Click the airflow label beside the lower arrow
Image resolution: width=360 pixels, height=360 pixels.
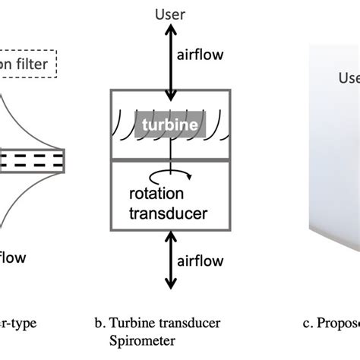click(201, 261)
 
